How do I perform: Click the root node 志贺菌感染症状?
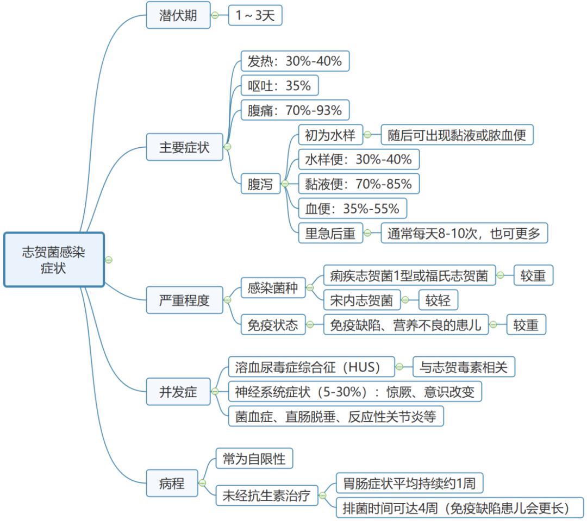click(53, 260)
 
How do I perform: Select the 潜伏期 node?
click(178, 15)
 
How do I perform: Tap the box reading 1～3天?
click(255, 16)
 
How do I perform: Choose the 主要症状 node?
click(184, 147)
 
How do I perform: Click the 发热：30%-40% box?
click(295, 61)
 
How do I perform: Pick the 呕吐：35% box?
click(279, 86)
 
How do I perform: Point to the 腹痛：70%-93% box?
click(295, 111)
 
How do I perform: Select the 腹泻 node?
click(260, 184)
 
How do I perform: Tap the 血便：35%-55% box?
click(352, 209)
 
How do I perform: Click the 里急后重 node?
click(330, 234)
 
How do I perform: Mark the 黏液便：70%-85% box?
click(359, 184)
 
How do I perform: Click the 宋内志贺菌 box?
click(361, 300)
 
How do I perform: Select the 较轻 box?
click(438, 300)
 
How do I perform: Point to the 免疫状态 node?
click(272, 325)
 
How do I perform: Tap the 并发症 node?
click(178, 392)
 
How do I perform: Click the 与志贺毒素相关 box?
click(464, 367)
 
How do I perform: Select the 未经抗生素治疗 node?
click(266, 495)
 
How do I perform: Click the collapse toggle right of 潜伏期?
click(215, 15)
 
